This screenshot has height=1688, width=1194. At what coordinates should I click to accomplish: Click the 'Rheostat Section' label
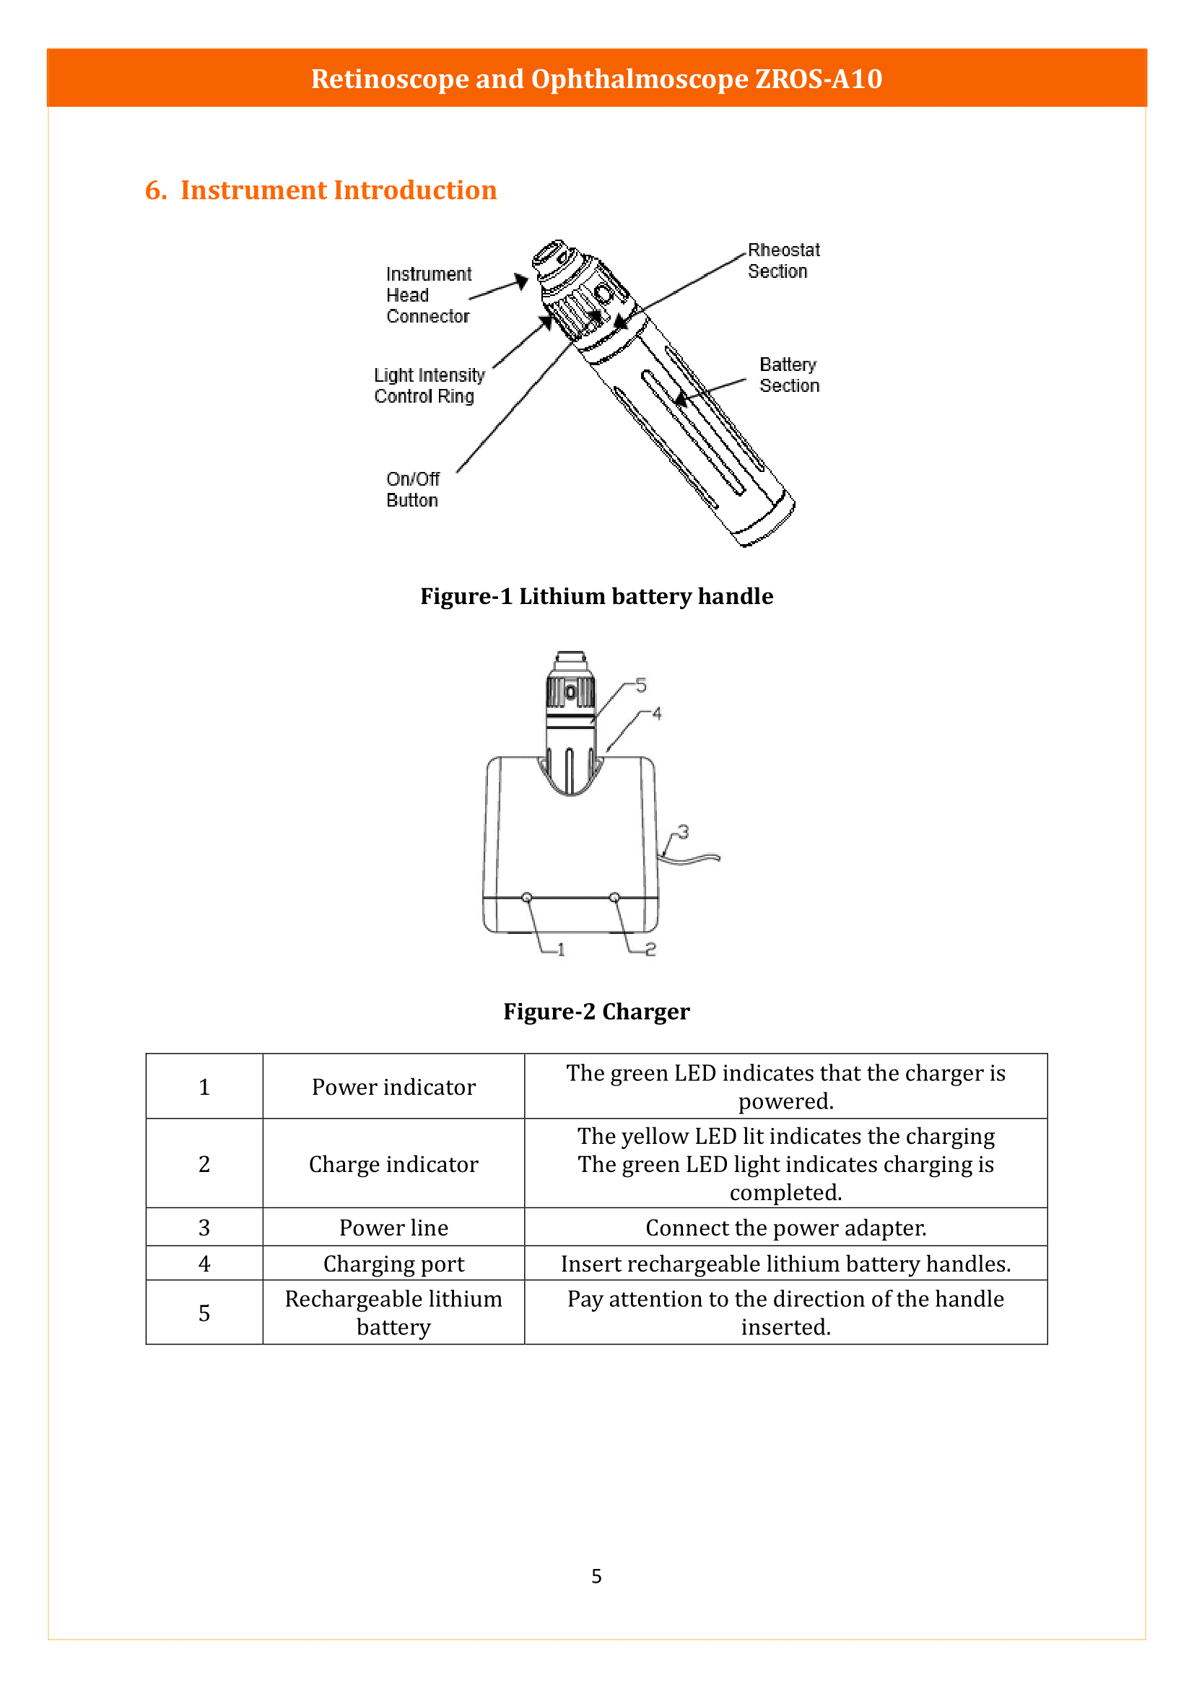[x=783, y=261]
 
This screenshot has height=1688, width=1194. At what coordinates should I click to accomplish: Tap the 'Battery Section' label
[x=788, y=375]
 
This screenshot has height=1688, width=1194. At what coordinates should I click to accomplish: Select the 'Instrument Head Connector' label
[x=428, y=295]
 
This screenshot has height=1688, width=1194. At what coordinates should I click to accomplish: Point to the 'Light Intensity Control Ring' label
[x=429, y=386]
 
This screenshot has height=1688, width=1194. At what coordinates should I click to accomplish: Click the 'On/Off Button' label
[x=412, y=489]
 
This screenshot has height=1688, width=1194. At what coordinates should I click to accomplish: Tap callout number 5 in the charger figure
[x=641, y=686]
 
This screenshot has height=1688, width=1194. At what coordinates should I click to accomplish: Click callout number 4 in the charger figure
[x=656, y=714]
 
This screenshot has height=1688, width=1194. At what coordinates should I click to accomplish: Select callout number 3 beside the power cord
[x=683, y=832]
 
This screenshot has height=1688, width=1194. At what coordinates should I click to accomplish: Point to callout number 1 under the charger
[x=561, y=950]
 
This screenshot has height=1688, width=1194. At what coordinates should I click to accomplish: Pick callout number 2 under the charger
[x=650, y=950]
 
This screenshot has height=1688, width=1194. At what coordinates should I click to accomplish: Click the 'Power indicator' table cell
[x=393, y=1088]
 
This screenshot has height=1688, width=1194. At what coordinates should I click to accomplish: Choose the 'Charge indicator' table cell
[x=393, y=1165]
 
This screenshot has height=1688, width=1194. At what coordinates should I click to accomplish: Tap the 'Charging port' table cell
[x=393, y=1264]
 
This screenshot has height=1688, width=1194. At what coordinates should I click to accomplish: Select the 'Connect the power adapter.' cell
[x=785, y=1228]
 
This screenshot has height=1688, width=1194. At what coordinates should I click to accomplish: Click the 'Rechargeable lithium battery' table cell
[x=393, y=1313]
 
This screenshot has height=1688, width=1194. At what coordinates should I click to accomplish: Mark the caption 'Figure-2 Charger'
[x=596, y=1013]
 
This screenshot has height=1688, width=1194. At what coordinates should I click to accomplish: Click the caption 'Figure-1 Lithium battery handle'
[x=596, y=596]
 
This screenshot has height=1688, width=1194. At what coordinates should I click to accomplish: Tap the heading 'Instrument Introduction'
[x=338, y=191]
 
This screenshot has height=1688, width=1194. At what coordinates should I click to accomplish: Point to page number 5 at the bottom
[x=596, y=1576]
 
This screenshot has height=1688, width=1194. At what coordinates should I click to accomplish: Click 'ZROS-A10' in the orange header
[x=819, y=79]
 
